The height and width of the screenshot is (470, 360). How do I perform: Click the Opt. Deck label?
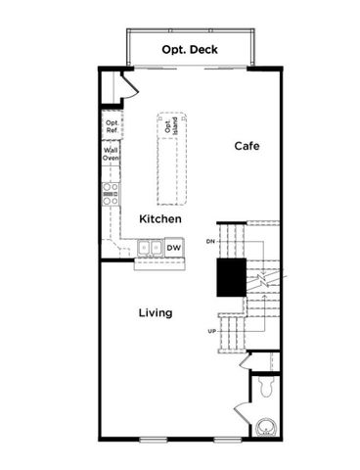[x=190, y=48]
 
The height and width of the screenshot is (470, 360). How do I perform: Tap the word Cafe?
[x=246, y=146]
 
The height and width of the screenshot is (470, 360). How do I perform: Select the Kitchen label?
[x=157, y=218]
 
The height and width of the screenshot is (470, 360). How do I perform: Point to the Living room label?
[x=155, y=312]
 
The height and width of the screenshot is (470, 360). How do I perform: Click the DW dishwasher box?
[x=172, y=249]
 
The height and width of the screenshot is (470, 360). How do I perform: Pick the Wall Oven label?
[x=111, y=154]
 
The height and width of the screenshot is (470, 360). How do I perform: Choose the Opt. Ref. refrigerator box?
[x=111, y=125]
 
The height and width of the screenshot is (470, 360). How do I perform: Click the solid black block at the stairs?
[x=231, y=276]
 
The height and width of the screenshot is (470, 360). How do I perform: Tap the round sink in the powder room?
[x=263, y=426]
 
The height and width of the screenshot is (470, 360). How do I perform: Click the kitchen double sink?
[x=150, y=249]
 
